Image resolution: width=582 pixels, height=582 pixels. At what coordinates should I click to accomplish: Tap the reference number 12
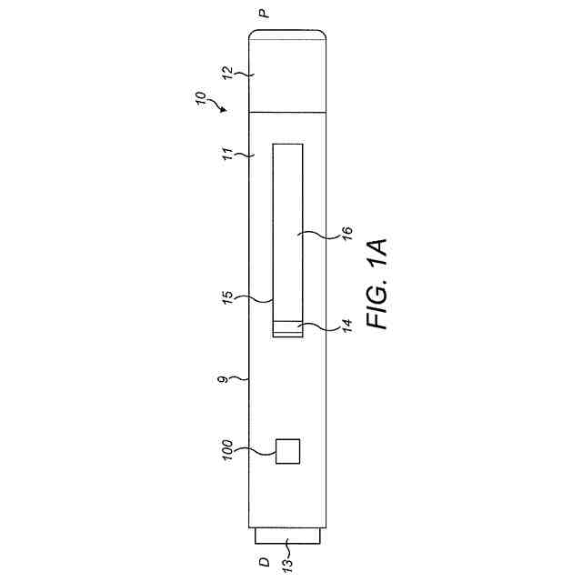226,73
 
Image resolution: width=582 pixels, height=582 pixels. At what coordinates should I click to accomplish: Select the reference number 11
227,154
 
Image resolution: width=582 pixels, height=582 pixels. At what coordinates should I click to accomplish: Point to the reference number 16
346,233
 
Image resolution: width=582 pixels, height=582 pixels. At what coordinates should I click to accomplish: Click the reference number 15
228,297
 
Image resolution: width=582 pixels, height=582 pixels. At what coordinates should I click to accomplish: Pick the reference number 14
346,326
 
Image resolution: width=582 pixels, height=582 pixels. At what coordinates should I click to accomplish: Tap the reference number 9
223,380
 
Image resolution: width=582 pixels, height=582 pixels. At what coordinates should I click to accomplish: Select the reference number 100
227,450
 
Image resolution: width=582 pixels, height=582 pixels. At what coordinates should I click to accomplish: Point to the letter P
264,14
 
